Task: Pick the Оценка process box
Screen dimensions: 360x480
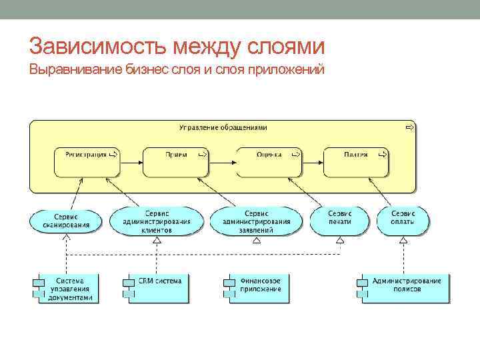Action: click(x=269, y=162)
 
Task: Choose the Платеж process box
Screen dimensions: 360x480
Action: click(x=357, y=162)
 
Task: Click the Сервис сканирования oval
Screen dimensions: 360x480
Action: click(x=66, y=221)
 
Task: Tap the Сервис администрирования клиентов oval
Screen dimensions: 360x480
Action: click(x=156, y=221)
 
